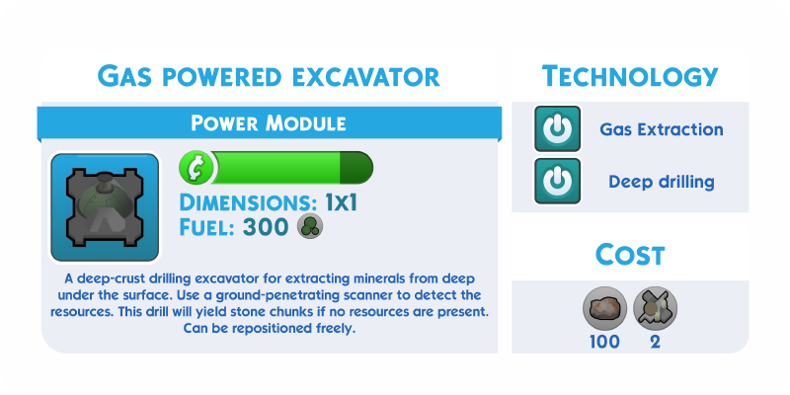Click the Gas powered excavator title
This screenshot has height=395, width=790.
click(x=269, y=77)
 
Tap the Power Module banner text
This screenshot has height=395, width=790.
click(x=269, y=122)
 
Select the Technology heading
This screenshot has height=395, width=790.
click(x=630, y=77)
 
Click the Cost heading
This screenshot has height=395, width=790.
click(x=630, y=255)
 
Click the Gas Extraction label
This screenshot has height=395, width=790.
click(x=662, y=129)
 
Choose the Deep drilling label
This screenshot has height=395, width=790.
click(x=662, y=182)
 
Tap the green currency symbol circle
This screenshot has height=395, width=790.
click(x=197, y=168)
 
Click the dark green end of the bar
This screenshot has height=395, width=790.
click(x=356, y=168)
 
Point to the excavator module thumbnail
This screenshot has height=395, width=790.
click(x=105, y=207)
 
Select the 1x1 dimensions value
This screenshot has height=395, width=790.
click(x=341, y=202)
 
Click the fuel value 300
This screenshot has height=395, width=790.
click(x=266, y=227)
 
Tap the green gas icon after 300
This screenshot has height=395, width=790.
click(x=310, y=227)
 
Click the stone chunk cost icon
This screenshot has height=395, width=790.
click(x=604, y=308)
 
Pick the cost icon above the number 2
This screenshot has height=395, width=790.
click(x=655, y=308)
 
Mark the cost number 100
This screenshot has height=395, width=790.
click(x=604, y=342)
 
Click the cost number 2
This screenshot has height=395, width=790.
click(x=655, y=342)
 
